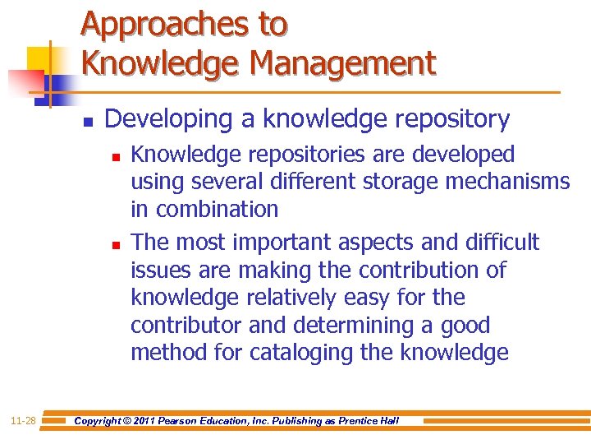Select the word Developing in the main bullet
pos(168,119)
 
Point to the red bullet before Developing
pos(87,121)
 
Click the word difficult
pos(502,243)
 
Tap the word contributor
pos(186,326)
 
